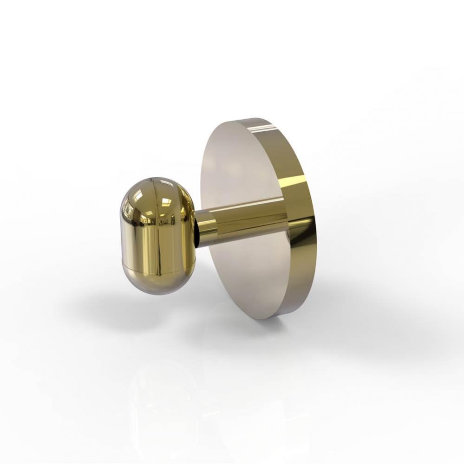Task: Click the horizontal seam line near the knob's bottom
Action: [x=158, y=268]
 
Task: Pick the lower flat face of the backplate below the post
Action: [x=246, y=278]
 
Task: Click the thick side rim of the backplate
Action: [x=302, y=218]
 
